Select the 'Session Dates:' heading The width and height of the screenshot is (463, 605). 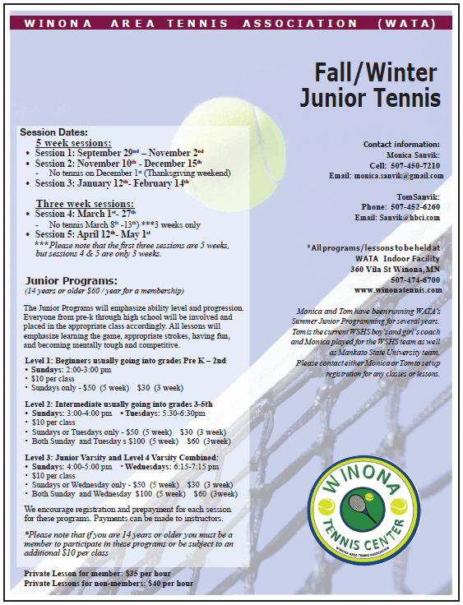(53, 132)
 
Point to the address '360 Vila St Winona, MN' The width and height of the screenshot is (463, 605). (396, 269)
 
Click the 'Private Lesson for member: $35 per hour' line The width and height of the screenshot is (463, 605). (96, 574)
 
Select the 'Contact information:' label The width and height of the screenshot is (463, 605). (401, 144)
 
